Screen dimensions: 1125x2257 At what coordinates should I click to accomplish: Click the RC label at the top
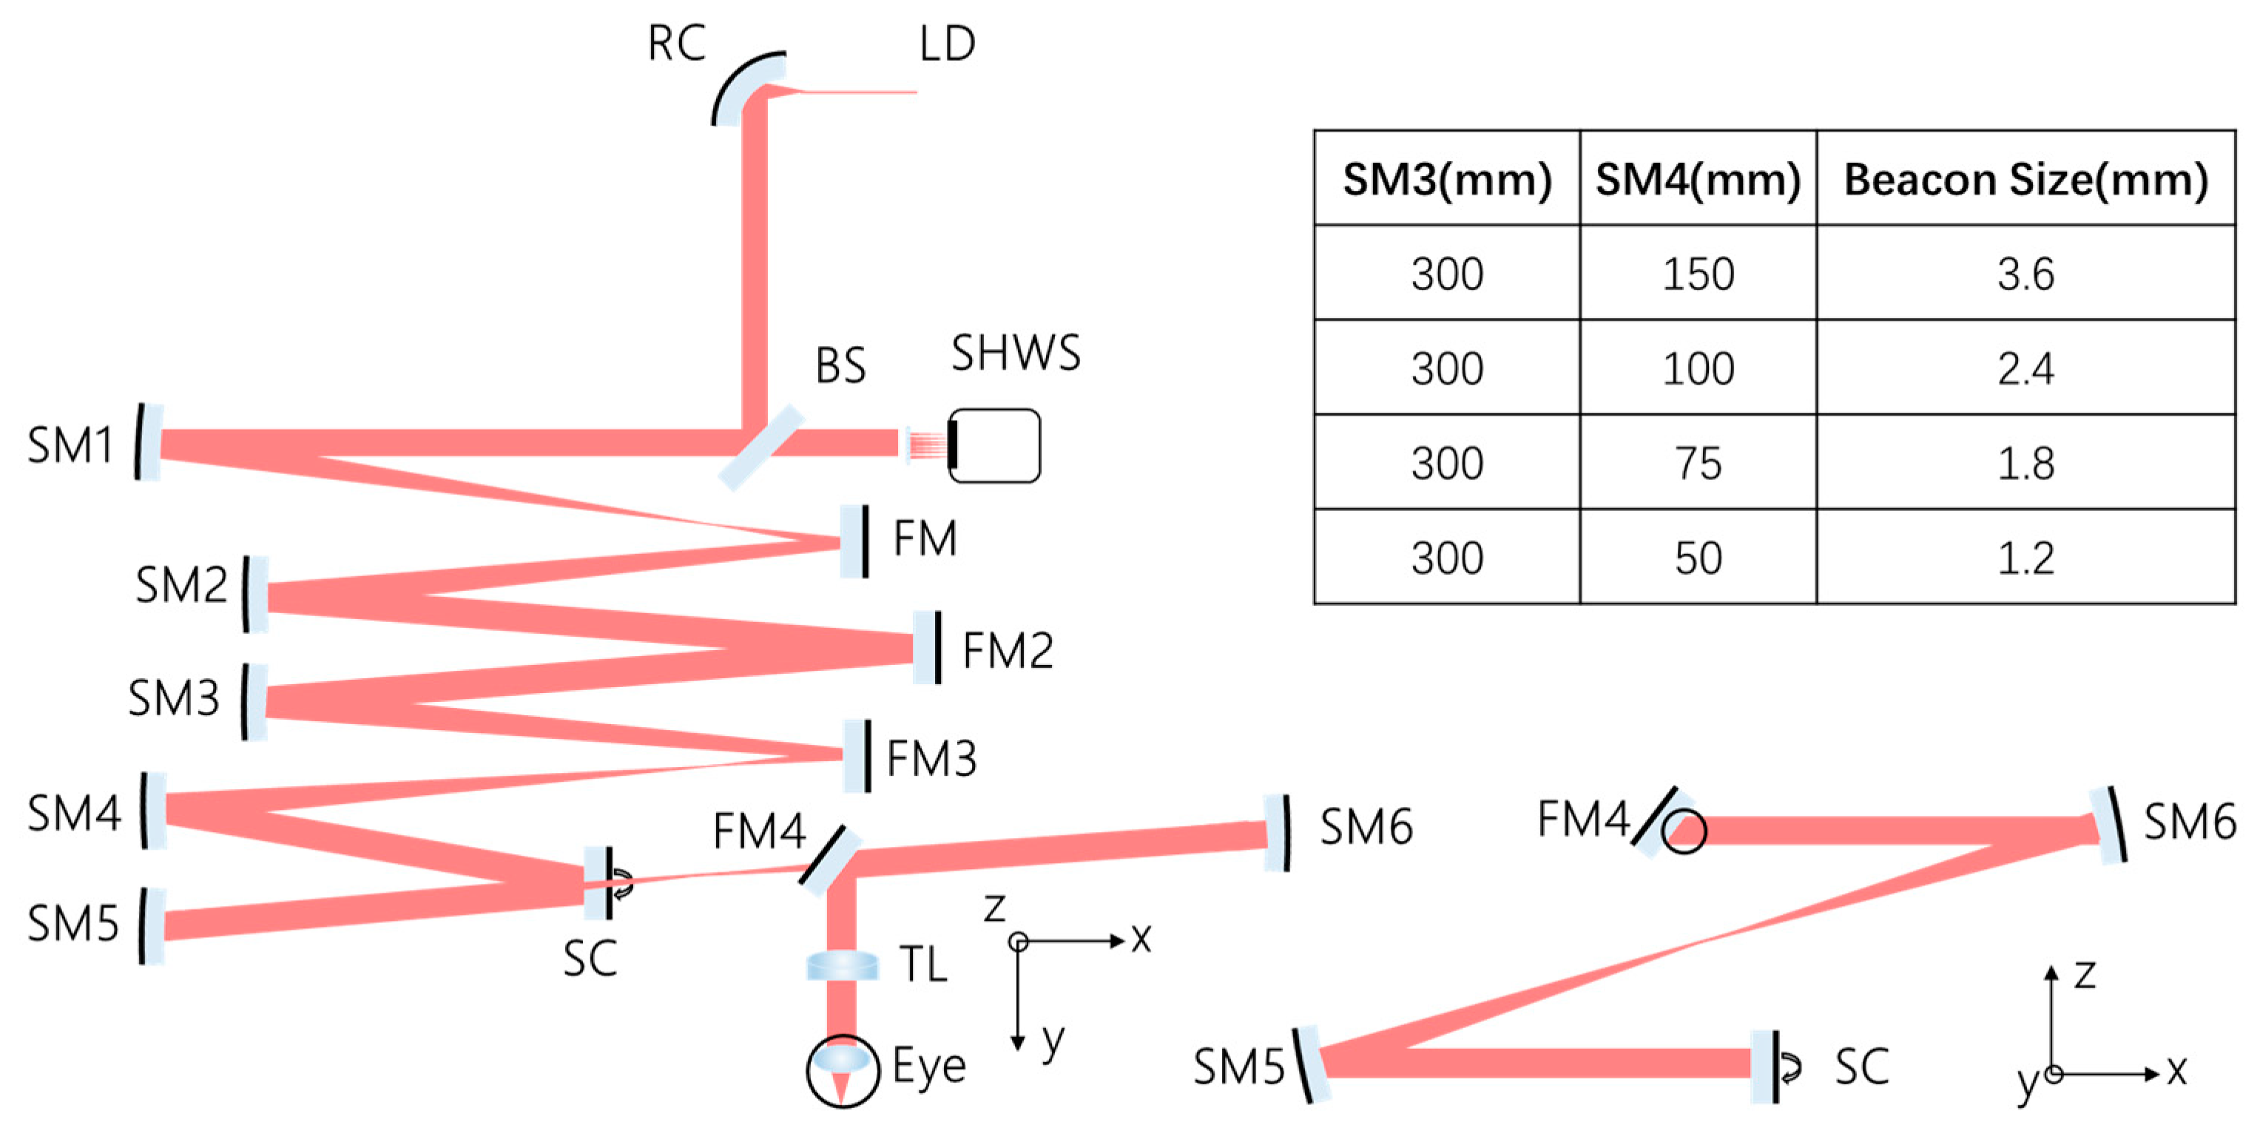click(x=675, y=43)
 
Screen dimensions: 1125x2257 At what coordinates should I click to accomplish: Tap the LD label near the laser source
click(x=946, y=43)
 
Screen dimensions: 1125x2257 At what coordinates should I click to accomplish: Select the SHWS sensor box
click(x=994, y=446)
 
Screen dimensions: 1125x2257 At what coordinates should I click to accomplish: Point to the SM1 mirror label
click(x=70, y=445)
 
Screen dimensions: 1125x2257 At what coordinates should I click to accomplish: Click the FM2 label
click(x=1008, y=651)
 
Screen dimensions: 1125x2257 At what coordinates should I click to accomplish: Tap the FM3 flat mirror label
click(x=931, y=759)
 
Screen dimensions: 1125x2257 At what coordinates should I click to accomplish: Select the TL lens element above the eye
click(x=841, y=965)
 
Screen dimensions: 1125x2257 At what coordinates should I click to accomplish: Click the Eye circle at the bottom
click(x=842, y=1071)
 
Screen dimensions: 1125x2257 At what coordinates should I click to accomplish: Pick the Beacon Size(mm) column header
click(x=2025, y=180)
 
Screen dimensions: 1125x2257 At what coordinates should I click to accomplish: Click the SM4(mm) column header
click(x=1697, y=180)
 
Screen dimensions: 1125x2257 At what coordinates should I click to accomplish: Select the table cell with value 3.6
click(x=2025, y=274)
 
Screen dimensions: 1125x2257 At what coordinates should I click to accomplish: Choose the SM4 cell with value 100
click(x=1697, y=369)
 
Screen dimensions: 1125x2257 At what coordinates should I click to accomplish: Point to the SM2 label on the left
click(x=181, y=585)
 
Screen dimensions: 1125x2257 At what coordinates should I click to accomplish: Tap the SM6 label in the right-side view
click(x=2189, y=822)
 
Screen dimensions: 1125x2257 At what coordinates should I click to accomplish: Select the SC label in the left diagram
click(x=589, y=959)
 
